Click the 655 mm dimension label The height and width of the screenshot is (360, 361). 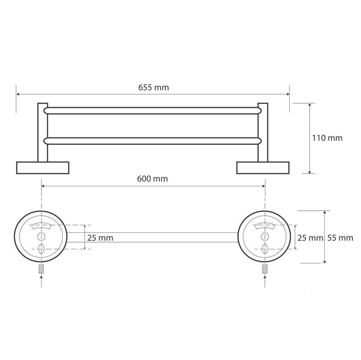coord(153,88)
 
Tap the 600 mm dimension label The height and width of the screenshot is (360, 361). coord(153,179)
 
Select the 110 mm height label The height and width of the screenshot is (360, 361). coord(327,138)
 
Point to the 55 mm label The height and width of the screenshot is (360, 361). coord(340,238)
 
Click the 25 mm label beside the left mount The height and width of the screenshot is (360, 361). coord(100,238)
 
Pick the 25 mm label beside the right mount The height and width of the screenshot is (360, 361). coord(310,238)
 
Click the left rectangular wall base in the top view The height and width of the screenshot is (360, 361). coord(43,168)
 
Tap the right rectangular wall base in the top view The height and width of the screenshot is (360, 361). coord(263,168)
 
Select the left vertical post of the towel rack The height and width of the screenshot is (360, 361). coord(43,133)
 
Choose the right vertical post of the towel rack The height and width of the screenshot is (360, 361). coord(263,133)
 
